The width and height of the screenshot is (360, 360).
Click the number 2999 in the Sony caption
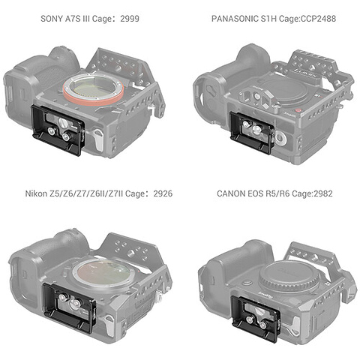pyautogui.click(x=130, y=19)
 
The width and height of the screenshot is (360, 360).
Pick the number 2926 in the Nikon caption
pyautogui.click(x=163, y=193)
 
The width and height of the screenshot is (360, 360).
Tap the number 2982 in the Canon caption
pyautogui.click(x=323, y=193)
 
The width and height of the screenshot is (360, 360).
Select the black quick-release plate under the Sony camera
pyautogui.click(x=58, y=130)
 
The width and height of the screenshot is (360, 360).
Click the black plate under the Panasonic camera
pyautogui.click(x=252, y=133)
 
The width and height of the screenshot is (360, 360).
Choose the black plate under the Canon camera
pyautogui.click(x=256, y=318)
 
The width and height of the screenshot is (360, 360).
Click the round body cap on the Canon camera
pyautogui.click(x=289, y=277)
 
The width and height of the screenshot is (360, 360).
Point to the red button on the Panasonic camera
pyautogui.click(x=298, y=110)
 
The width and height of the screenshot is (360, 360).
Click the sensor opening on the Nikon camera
pyautogui.click(x=103, y=274)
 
